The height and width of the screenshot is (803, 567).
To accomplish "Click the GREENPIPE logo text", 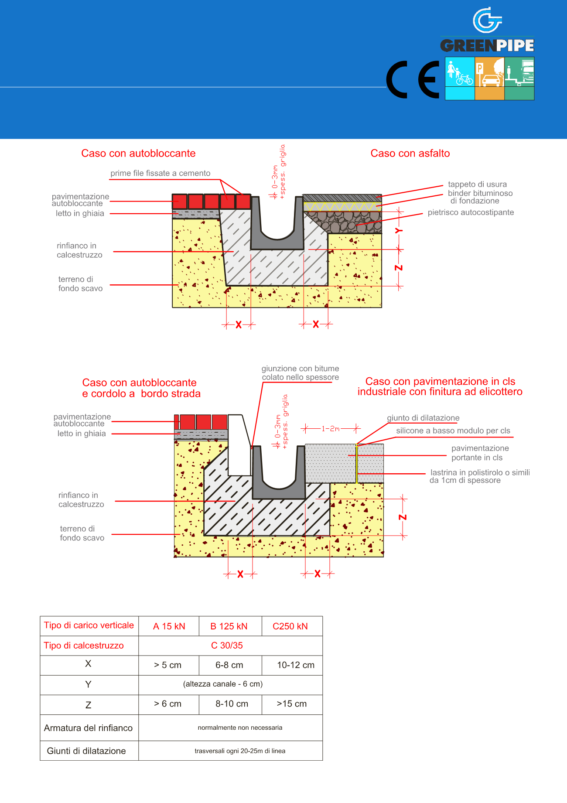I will [487, 45].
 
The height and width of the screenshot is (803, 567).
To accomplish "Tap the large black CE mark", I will [413, 79].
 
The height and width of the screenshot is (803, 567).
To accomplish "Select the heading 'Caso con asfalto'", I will [410, 154].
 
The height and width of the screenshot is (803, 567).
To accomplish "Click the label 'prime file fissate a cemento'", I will [160, 173].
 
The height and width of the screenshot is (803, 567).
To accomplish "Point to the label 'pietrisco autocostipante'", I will [471, 212].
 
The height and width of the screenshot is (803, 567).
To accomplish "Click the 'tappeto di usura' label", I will [477, 184].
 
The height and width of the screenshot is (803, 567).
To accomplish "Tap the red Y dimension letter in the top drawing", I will [399, 231].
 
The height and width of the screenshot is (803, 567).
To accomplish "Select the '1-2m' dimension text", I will [331, 429].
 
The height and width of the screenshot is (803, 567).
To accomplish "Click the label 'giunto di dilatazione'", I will [423, 418].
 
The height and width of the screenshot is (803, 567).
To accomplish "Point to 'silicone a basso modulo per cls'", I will [453, 431].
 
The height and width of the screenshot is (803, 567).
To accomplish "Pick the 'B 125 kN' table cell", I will [229, 626].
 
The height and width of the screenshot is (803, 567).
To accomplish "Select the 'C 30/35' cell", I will [227, 646].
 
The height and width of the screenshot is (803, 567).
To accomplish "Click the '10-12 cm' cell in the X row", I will [296, 665].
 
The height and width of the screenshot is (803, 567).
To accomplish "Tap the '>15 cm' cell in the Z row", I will [292, 704].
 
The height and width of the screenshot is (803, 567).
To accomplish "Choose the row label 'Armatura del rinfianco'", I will [88, 728].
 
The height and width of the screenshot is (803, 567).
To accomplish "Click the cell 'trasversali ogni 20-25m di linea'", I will [240, 751].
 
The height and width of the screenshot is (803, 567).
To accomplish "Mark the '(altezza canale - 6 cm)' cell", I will [223, 684].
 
